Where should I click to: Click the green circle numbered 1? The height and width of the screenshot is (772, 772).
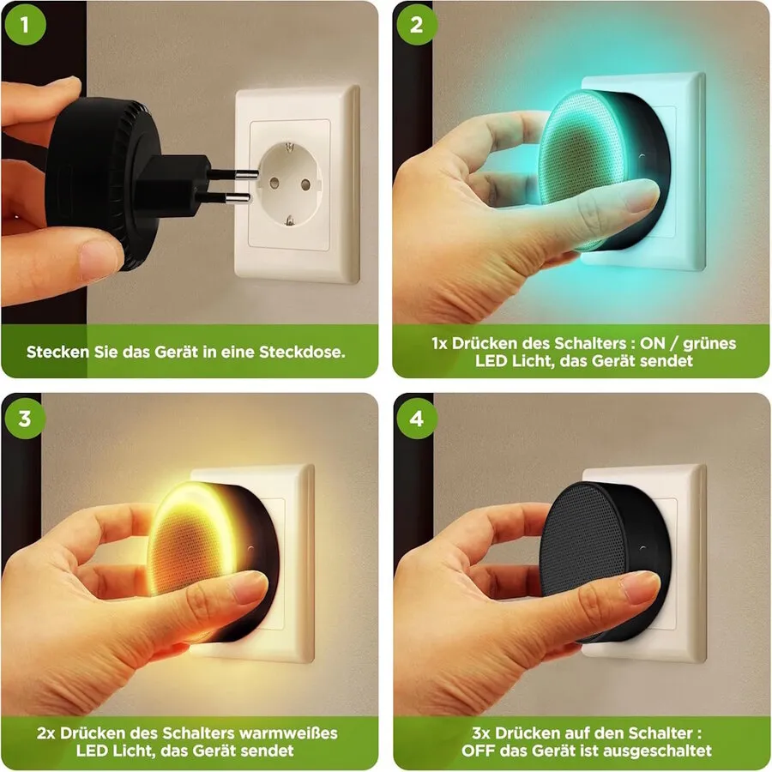click(25, 25)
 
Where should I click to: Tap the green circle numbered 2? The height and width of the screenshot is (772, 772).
click(417, 25)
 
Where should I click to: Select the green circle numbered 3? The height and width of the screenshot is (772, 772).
click(25, 419)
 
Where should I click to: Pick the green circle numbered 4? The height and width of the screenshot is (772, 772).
click(417, 419)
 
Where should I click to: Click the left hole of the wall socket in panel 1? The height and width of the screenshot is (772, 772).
click(274, 184)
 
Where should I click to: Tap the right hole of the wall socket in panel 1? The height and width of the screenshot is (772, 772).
click(305, 185)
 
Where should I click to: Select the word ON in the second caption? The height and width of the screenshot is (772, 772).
click(653, 343)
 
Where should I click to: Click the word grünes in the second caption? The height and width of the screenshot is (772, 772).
click(709, 344)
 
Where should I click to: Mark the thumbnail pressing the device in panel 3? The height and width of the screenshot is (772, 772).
click(251, 588)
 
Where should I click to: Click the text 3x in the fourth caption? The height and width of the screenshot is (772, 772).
click(481, 733)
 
